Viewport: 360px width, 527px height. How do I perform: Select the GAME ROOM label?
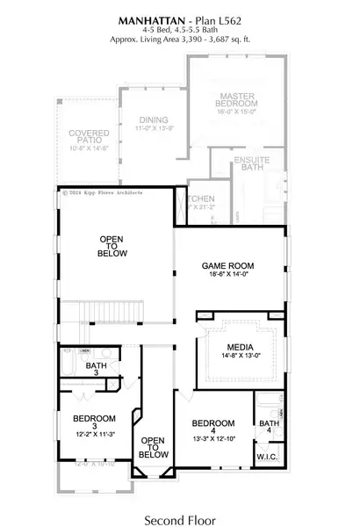click(227, 264)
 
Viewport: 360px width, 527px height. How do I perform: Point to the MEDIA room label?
click(239, 347)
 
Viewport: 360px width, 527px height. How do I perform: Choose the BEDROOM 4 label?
click(212, 422)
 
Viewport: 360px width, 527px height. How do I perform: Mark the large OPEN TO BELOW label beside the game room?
click(113, 246)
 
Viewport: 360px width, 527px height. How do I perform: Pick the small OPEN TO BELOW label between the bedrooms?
click(153, 448)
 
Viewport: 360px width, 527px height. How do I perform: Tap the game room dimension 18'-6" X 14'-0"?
click(227, 275)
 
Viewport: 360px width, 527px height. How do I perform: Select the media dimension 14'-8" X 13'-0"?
click(239, 357)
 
